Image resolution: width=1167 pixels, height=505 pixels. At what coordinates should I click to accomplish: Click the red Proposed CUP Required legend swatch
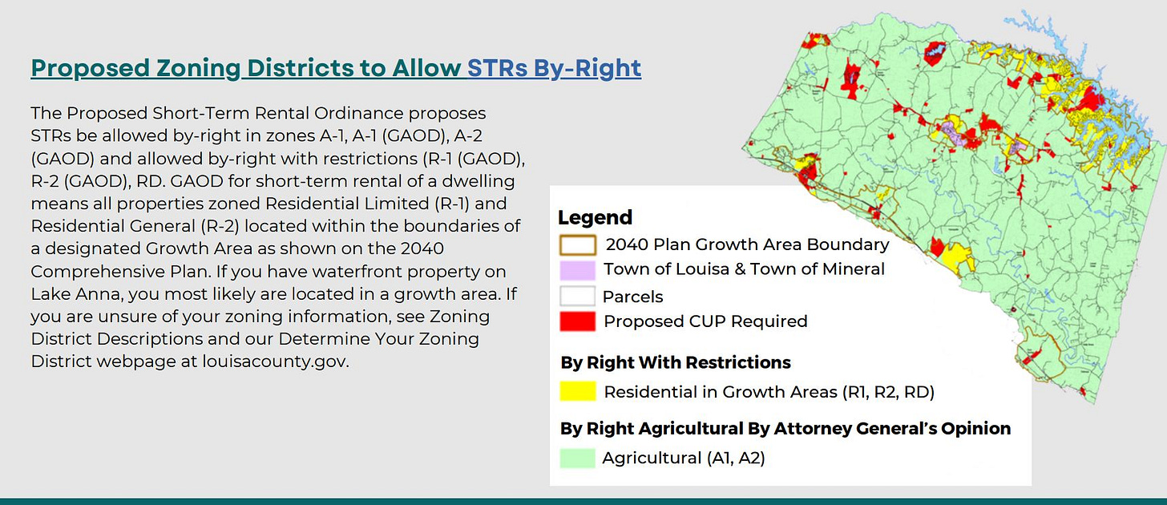pos(577,321)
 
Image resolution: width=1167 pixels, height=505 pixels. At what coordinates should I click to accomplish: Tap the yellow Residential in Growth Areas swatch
pos(577,391)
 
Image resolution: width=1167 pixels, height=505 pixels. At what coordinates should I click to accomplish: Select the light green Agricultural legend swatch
pos(577,458)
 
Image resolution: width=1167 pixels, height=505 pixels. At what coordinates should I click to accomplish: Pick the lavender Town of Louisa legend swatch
pos(577,270)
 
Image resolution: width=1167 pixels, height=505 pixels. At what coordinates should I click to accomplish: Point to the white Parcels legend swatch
pos(577,296)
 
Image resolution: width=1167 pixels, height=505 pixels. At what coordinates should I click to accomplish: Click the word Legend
pos(595,217)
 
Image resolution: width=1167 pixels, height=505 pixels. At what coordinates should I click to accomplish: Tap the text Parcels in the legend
pos(632,297)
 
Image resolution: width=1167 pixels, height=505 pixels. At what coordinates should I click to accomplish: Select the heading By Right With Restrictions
pos(676,362)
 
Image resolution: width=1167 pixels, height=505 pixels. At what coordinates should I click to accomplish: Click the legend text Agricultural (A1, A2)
pos(684,458)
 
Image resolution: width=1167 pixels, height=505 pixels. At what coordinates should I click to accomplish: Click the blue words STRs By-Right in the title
pos(555,68)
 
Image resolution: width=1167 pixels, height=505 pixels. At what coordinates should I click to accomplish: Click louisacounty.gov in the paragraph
pos(275,362)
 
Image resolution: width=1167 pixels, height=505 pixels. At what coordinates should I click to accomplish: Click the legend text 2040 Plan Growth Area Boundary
pos(747,244)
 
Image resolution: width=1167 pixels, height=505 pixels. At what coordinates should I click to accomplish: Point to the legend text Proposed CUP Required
pos(705,321)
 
